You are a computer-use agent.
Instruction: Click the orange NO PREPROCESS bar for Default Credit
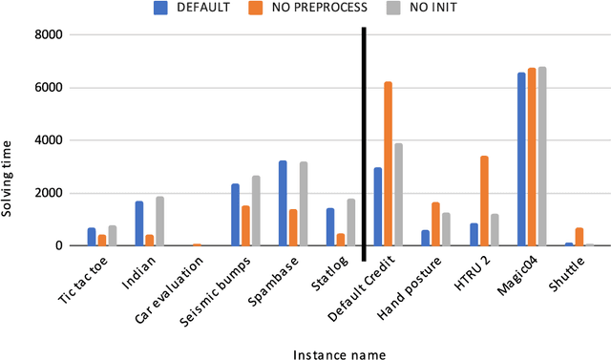(388, 164)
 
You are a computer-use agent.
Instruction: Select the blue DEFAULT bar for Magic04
(521, 159)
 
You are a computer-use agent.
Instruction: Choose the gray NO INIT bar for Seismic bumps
(256, 211)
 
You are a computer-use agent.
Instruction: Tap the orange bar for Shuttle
(579, 237)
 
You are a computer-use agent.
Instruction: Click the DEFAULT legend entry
(190, 9)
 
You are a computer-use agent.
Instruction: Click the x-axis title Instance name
(340, 353)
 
